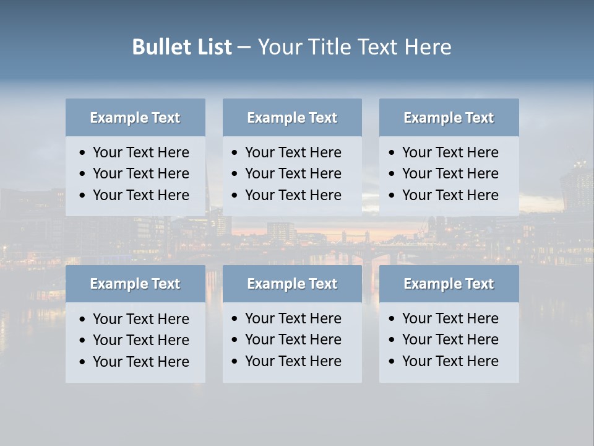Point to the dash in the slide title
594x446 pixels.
click(244, 48)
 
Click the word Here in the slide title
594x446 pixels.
click(428, 47)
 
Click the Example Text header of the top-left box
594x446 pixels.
click(135, 118)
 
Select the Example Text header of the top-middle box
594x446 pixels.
click(292, 118)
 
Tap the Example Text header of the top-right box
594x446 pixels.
click(449, 118)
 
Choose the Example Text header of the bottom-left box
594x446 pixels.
click(135, 284)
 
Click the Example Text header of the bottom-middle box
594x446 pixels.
click(292, 284)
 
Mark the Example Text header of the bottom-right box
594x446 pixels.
click(449, 284)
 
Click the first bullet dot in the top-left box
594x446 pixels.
click(83, 153)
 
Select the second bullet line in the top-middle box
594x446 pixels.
click(293, 173)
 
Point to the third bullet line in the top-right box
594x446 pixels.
click(450, 195)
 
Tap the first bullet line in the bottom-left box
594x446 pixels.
click(140, 319)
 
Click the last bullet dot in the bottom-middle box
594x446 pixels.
click(235, 362)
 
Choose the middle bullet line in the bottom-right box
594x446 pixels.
click(450, 339)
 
